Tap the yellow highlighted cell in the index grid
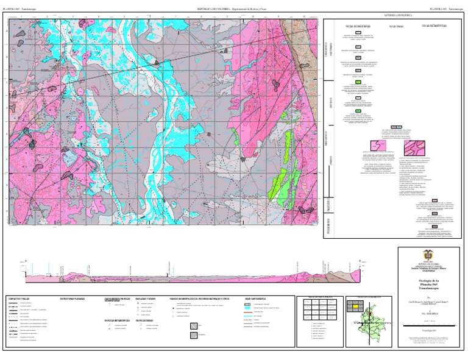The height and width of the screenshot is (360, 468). point(353,306)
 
